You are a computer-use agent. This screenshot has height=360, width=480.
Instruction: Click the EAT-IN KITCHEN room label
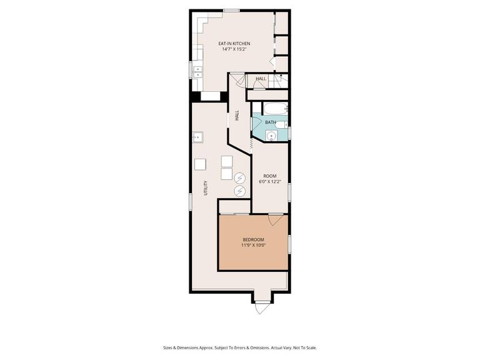234,44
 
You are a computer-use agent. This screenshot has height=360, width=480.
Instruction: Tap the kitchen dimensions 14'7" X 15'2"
234,49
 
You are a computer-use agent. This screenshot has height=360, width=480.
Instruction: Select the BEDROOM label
253,240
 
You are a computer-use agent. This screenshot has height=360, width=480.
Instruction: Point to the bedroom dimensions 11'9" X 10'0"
253,245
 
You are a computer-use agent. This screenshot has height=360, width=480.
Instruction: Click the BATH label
270,122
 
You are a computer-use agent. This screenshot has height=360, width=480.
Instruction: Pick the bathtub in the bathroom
276,108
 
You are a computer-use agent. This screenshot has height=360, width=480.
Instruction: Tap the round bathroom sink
271,136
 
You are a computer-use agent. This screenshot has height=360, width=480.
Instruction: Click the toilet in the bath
281,124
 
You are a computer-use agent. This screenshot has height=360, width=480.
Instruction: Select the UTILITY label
206,187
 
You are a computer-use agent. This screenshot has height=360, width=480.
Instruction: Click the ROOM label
270,176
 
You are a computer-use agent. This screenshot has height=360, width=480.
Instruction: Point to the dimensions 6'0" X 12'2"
270,181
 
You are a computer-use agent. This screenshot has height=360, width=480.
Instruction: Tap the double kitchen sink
197,72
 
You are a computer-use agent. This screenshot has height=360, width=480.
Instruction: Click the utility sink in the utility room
197,137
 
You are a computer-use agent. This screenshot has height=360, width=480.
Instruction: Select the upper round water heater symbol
239,178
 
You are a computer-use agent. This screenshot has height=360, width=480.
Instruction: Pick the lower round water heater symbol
239,191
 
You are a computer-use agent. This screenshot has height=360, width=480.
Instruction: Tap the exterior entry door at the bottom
261,307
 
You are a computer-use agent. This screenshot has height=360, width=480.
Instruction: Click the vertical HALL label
237,116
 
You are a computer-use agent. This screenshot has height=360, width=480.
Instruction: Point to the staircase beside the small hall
281,81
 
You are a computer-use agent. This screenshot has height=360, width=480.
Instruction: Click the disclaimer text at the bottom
240,347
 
